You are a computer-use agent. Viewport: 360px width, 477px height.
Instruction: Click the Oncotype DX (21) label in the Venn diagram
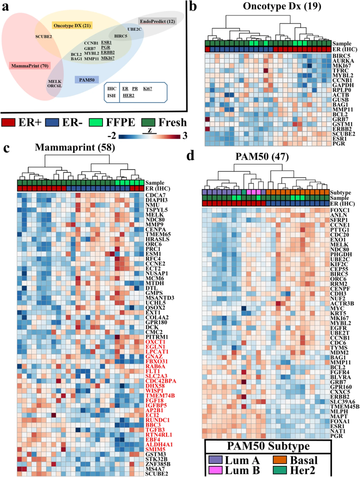72,25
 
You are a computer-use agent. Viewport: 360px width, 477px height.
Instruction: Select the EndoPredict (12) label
157,21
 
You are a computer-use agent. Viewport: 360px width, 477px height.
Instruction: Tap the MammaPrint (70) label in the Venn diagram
30,66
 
